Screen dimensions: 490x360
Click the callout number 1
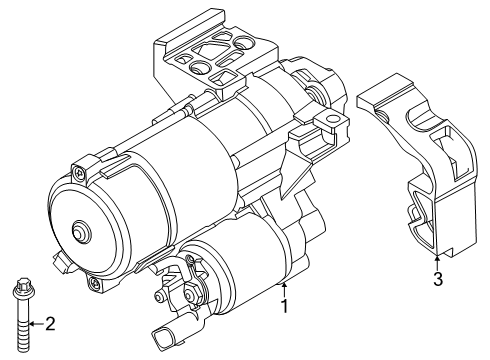pos(284,306)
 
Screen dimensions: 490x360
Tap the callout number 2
pos(50,324)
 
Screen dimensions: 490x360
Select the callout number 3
pos(438,279)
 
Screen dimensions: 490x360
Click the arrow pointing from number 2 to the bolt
pos(36,323)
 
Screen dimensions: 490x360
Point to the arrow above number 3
pos(438,262)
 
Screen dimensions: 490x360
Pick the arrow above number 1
pos(284,289)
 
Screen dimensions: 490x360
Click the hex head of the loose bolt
pos(23,285)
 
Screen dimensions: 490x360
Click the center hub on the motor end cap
pos(80,230)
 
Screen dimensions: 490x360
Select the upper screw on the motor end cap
pos(80,173)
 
